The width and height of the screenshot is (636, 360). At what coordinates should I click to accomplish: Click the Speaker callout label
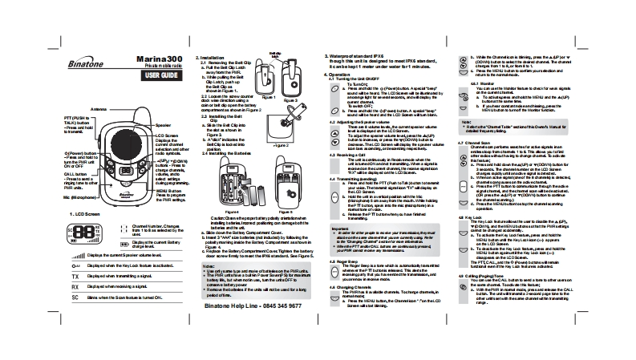click(x=163, y=126)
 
